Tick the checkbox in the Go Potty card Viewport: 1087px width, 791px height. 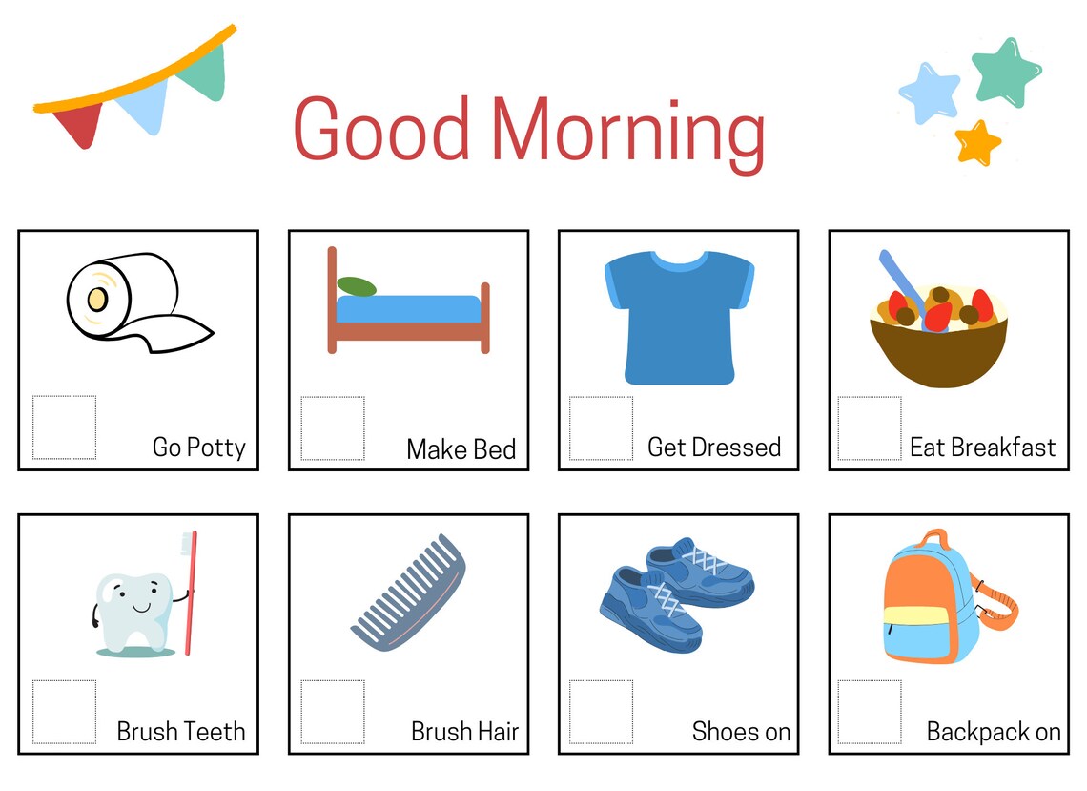[64, 427]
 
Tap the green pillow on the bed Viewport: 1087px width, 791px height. [357, 286]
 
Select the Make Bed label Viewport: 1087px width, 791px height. [461, 448]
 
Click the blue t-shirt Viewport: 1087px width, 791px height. [679, 317]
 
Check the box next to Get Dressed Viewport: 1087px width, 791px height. [601, 427]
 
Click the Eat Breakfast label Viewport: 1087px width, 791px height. [982, 448]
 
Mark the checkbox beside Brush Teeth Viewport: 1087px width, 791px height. [64, 712]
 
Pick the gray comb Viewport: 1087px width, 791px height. [408, 592]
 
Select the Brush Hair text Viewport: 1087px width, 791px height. [464, 732]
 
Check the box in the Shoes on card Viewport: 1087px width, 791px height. [601, 712]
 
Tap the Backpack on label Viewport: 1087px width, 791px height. [993, 732]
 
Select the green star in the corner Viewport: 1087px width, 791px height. [1007, 73]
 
